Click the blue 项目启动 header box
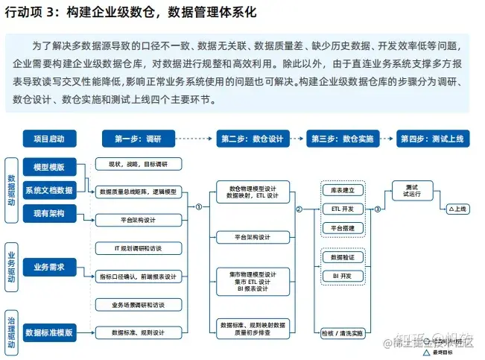tap(49, 138)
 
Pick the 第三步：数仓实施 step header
tap(342, 138)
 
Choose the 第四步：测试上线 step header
tap(432, 138)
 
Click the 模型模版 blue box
tap(49, 165)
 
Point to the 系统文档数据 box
tap(49, 189)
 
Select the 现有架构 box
tap(49, 214)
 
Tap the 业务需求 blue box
tap(49, 266)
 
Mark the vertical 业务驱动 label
tap(11, 266)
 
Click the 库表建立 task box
tap(343, 190)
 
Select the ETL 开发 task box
tap(343, 209)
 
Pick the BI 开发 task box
tap(343, 276)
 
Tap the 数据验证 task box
tap(343, 257)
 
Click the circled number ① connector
tap(198, 207)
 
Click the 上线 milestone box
tap(456, 209)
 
